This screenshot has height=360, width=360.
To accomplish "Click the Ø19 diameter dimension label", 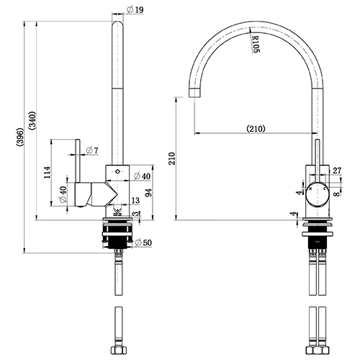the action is [135, 10].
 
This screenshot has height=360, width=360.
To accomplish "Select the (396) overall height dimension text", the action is [20, 137].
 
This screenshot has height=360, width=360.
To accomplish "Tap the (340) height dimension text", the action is [32, 121].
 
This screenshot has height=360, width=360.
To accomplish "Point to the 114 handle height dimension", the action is [47, 172].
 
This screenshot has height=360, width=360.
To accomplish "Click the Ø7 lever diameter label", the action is [92, 150].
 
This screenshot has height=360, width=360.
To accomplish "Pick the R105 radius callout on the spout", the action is [256, 44].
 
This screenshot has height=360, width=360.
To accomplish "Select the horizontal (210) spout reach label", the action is [256, 129].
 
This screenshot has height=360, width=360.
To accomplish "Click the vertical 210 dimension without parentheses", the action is [172, 158].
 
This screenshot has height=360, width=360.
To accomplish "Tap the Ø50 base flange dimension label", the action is [143, 243].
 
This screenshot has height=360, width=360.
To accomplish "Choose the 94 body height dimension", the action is [149, 193].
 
